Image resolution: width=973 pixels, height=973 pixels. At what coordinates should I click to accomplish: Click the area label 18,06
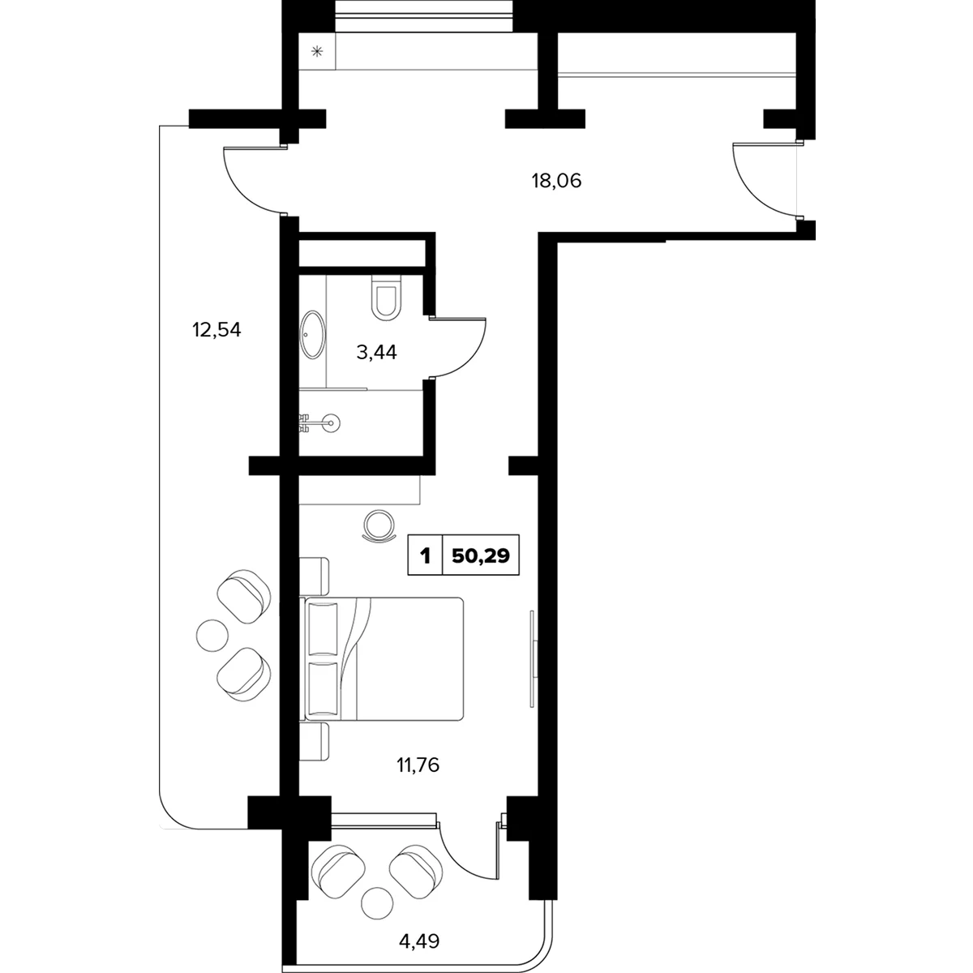click(x=556, y=181)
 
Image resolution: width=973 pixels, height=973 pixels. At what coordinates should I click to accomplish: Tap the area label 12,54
click(x=216, y=330)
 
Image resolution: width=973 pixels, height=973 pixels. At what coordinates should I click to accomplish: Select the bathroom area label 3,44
click(x=377, y=353)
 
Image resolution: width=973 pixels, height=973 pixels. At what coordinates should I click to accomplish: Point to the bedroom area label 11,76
click(x=418, y=765)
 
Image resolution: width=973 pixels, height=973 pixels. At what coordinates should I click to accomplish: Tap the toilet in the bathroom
click(x=386, y=298)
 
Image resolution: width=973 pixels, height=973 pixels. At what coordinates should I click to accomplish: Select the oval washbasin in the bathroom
click(x=312, y=335)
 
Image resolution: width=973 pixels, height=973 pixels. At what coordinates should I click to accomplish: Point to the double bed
click(x=382, y=658)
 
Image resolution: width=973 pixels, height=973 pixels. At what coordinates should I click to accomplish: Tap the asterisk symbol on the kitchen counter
click(x=316, y=51)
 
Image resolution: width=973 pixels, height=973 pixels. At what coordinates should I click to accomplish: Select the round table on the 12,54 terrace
click(x=212, y=635)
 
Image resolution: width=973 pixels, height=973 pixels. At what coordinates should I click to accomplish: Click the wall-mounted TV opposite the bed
click(x=534, y=658)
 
